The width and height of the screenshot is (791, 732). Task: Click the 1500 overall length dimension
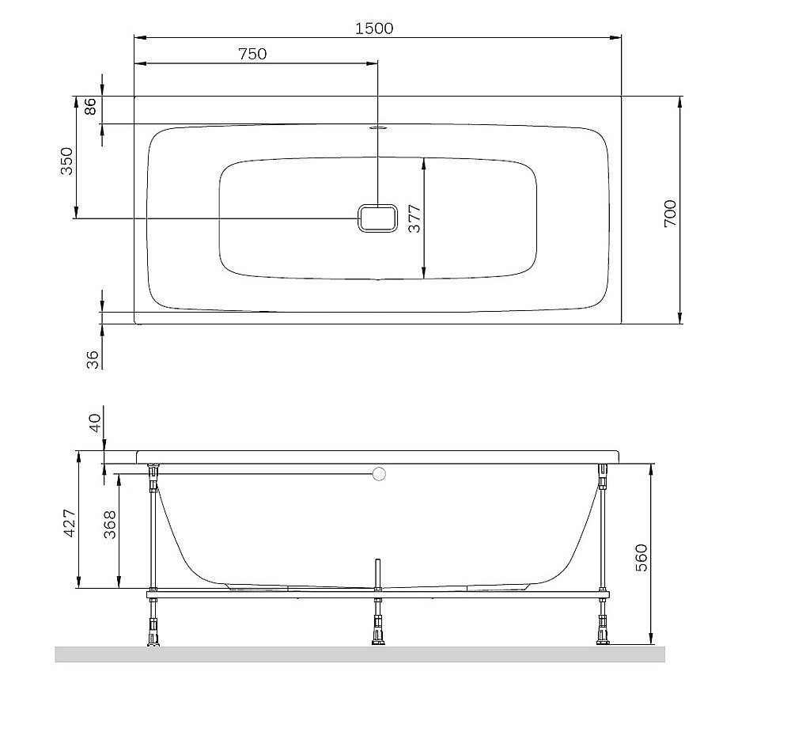(374, 28)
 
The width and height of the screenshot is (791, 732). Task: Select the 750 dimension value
(252, 54)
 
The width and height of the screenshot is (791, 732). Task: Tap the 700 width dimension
(670, 214)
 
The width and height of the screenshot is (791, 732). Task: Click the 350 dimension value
(67, 161)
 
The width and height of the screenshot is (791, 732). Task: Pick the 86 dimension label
(90, 107)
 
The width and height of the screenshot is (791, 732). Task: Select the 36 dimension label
(93, 358)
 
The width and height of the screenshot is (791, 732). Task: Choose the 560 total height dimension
(642, 557)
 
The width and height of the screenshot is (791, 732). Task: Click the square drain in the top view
(378, 218)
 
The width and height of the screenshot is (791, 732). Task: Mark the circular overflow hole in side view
(379, 475)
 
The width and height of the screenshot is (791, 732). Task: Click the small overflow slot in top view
(378, 125)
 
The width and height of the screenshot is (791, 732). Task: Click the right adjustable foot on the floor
(604, 634)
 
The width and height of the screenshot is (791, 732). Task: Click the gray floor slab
(360, 654)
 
